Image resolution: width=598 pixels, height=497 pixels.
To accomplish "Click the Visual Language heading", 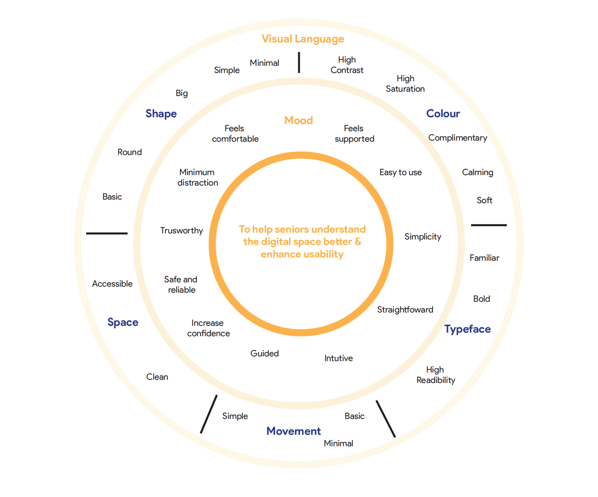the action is pos(303,39).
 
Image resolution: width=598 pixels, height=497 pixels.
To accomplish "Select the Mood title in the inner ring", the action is pos(299,120).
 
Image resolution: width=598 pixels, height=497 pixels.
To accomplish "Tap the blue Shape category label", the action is pos(161,114).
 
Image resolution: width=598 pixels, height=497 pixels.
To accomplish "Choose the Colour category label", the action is pos(443,114).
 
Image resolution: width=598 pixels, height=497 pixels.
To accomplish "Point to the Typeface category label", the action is pos(467,329).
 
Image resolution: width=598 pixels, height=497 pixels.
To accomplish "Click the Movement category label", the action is pos(294,431).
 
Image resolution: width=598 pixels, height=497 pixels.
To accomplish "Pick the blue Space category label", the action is pos(123,322).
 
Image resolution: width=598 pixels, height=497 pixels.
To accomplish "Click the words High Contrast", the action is pos(347,65).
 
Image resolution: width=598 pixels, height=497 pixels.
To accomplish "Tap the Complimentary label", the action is pos(457,138).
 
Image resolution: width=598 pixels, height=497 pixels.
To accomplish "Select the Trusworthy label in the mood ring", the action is pos(181,231).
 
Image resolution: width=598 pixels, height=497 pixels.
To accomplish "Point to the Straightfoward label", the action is pos(405,310).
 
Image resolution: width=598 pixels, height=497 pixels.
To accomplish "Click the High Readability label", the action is pos(436,375).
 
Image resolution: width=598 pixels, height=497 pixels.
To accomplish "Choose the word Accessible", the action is pos(112,284).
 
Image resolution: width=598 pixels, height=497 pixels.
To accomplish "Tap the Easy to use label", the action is pos(400,173).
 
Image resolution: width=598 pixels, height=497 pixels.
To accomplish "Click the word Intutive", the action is pos(339,358).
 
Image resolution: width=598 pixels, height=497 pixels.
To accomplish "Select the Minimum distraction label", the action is pos(197,178).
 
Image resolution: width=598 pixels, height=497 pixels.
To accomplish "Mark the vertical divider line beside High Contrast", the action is pos(299,63).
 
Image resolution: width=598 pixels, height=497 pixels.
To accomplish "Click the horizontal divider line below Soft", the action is pos(489,225).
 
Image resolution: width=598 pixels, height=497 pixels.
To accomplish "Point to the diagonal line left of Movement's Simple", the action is pos(209,414).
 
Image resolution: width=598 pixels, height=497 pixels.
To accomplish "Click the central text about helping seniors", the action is pos(302,242).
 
